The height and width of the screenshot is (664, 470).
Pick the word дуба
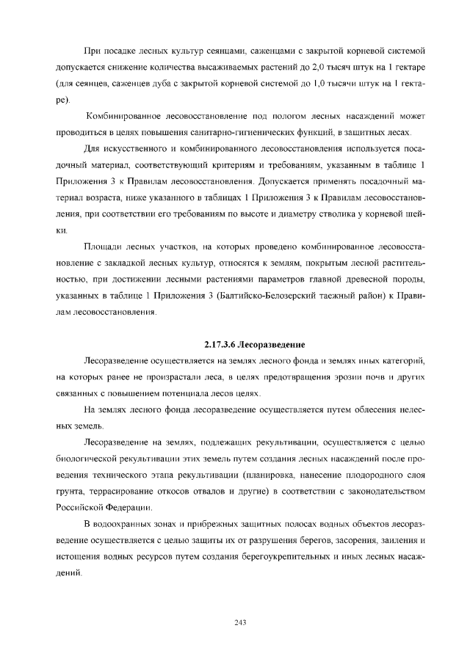[x=153, y=82]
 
